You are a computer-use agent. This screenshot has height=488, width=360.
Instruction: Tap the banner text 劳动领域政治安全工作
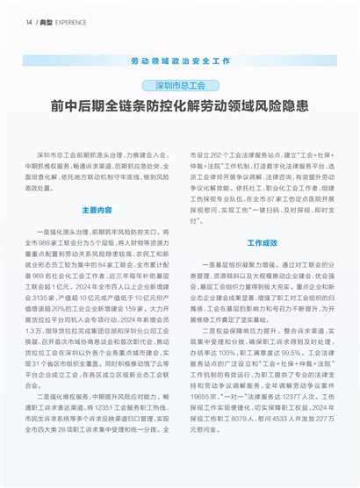click(179, 62)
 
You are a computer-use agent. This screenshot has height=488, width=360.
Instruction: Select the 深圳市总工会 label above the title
click(179, 86)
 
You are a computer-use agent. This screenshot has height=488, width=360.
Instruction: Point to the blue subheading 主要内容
click(97, 211)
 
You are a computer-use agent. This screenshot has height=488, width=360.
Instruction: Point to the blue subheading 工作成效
click(262, 242)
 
